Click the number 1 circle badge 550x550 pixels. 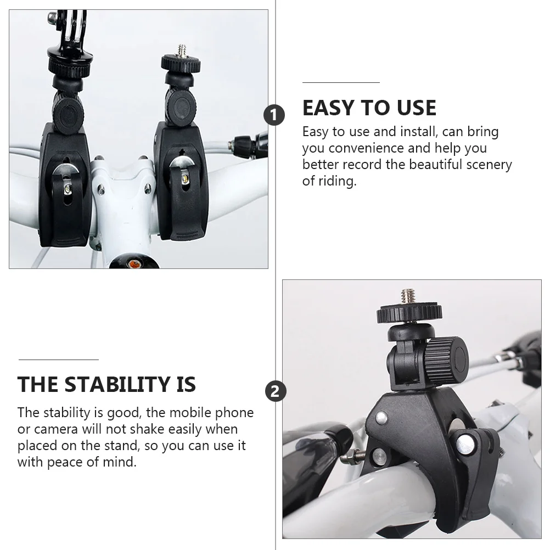coord(274,115)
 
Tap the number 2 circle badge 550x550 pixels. coord(275,391)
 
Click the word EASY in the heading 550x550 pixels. coord(328,108)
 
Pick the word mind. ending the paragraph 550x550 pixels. coord(121,462)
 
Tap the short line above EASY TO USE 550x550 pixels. coord(341,82)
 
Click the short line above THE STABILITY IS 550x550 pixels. coord(58,360)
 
